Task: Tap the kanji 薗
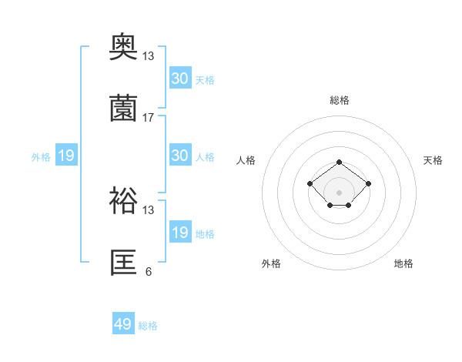(124, 109)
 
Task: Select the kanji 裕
(124, 203)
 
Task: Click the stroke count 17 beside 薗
(149, 118)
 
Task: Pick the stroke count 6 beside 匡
(149, 271)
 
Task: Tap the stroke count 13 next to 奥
(149, 56)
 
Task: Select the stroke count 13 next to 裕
(149, 209)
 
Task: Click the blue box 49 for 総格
(123, 324)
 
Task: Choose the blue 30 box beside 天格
(180, 79)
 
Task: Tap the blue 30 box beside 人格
(180, 156)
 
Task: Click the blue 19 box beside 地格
(180, 233)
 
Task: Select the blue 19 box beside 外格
(66, 156)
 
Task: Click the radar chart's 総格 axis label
(340, 100)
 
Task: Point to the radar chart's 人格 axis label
(246, 160)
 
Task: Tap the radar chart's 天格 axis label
(433, 160)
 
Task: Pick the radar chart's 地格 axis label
(403, 263)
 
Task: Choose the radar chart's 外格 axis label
(271, 263)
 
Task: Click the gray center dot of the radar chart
(340, 193)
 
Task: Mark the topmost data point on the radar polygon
(340, 162)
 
